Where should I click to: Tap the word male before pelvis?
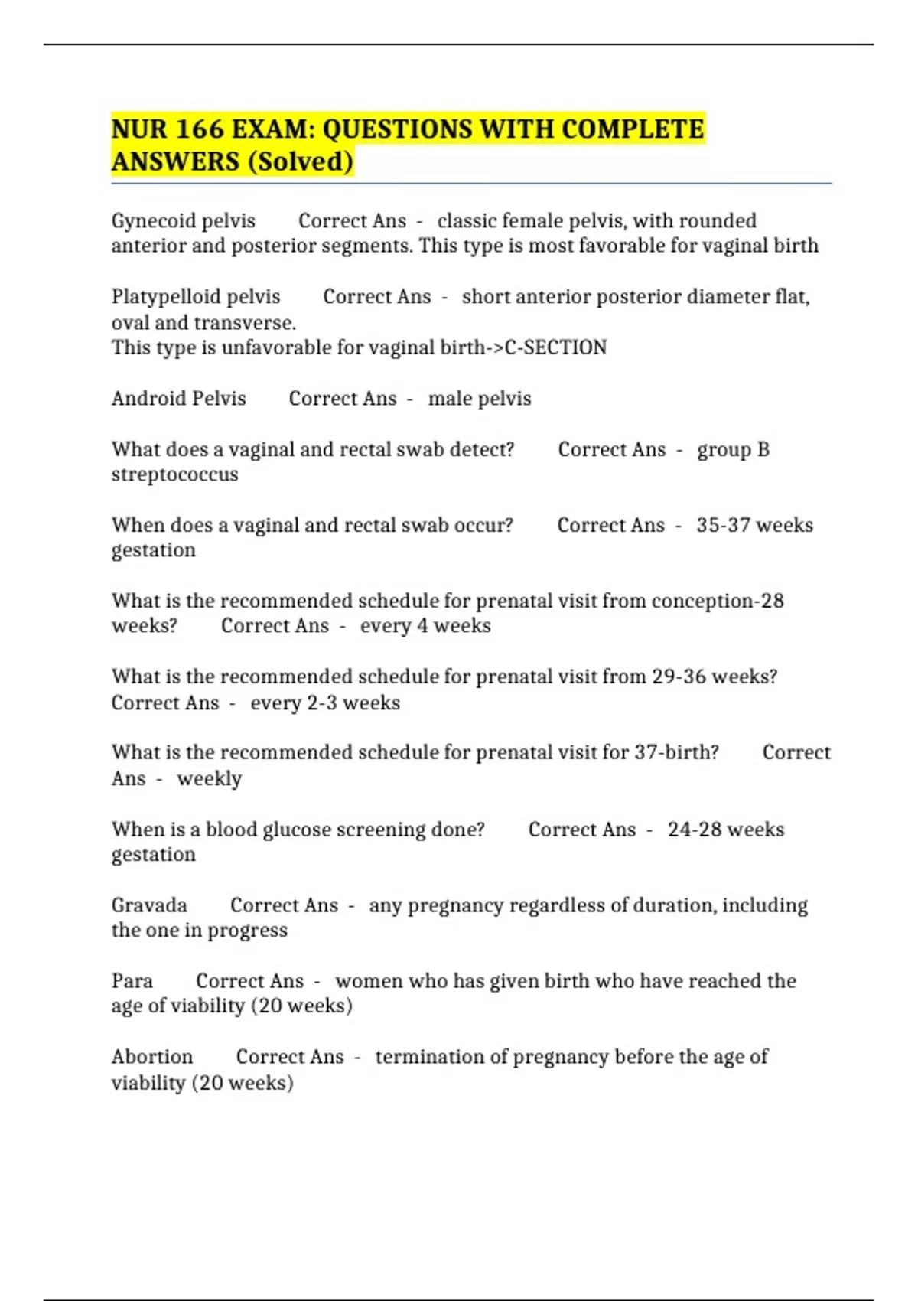(x=450, y=399)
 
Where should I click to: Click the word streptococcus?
(x=174, y=474)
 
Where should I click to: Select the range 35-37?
(x=723, y=525)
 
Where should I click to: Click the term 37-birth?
(x=676, y=752)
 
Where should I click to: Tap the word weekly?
(x=209, y=778)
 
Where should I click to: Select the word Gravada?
(x=149, y=905)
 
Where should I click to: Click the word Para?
(x=132, y=981)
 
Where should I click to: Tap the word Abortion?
(x=152, y=1057)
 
